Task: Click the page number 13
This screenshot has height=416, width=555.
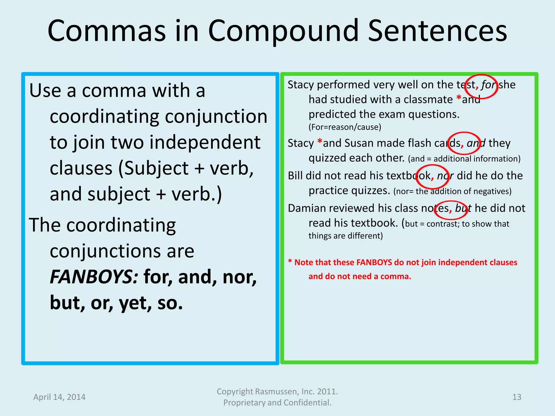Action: point(517,397)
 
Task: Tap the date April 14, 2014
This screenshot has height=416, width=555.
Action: point(59,397)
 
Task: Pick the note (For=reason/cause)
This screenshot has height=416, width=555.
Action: point(345,127)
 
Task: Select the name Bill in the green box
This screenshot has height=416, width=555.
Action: point(295,176)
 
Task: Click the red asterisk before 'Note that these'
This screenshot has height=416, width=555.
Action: point(290,262)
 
